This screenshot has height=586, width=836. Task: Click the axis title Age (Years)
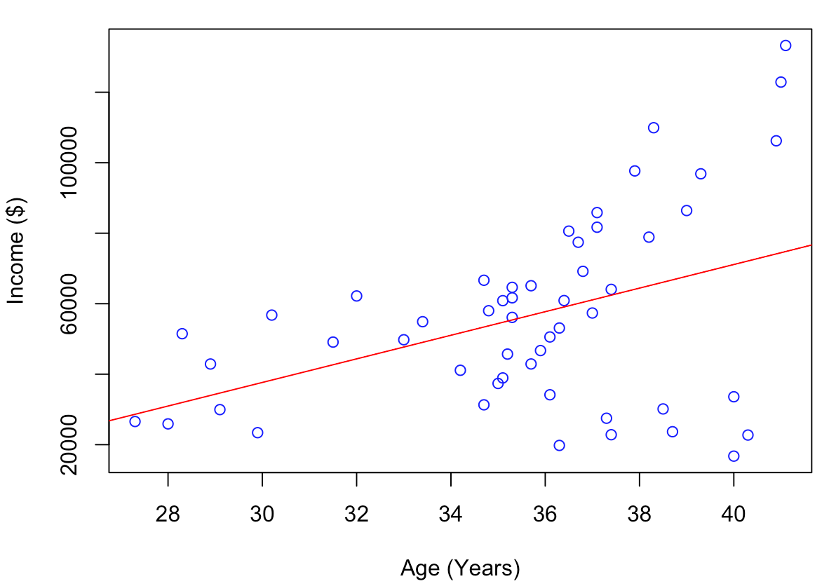coord(460,567)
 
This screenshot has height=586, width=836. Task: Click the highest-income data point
coord(786,46)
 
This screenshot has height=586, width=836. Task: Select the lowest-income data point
coord(734,456)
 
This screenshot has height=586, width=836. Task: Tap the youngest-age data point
coord(135,421)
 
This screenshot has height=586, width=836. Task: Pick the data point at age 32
coord(356,296)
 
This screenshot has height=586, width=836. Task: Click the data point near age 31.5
coord(333,342)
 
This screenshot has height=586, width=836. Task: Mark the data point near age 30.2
coord(271,315)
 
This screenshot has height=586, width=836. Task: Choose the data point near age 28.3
coord(182,334)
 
